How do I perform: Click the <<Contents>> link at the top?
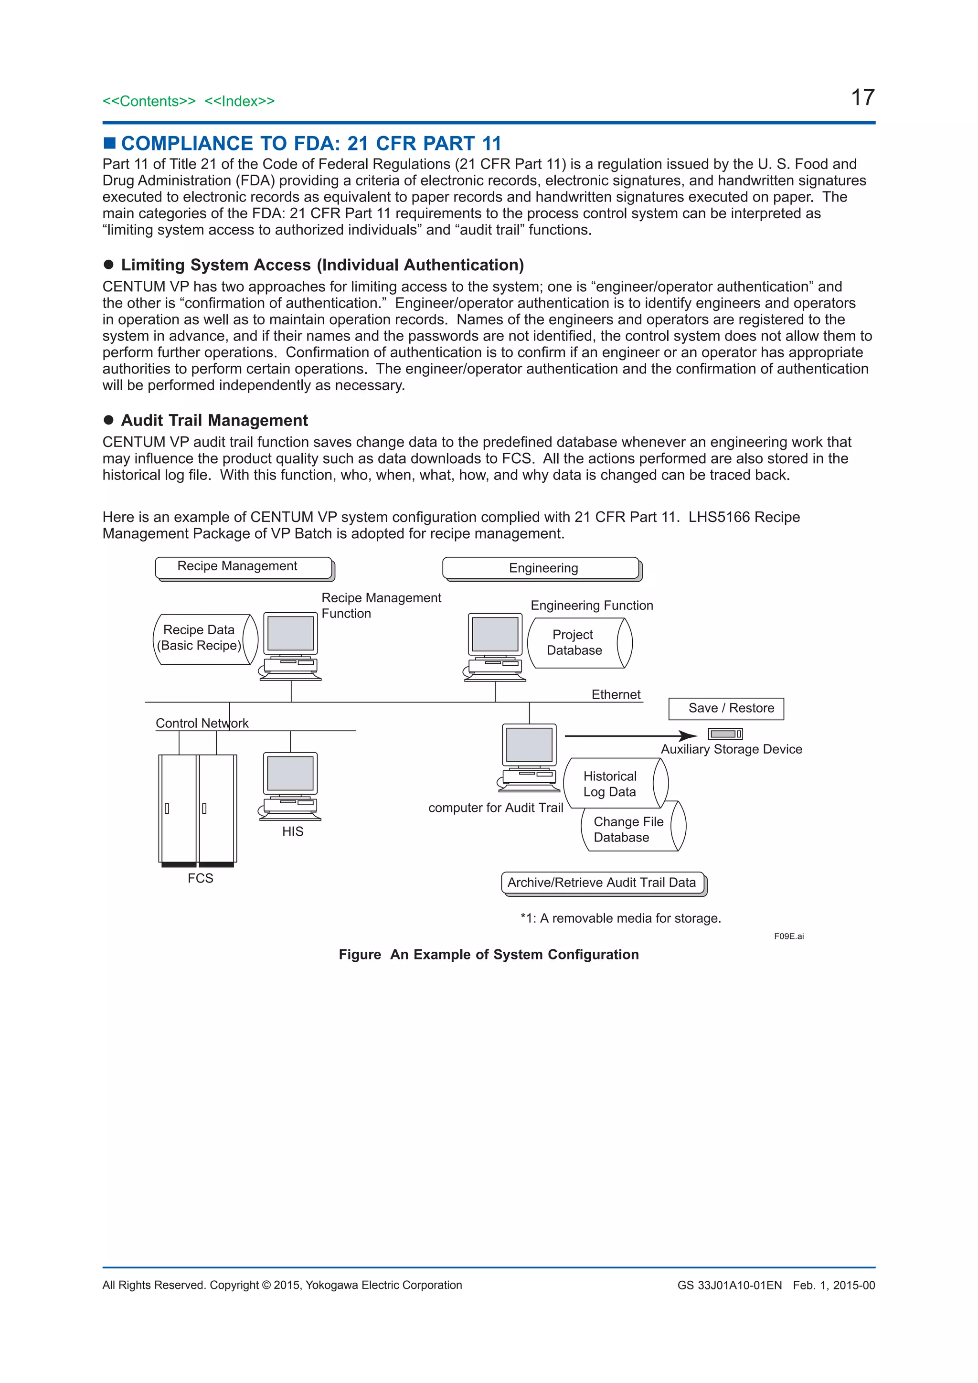pyautogui.click(x=149, y=101)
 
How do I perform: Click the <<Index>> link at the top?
pyautogui.click(x=239, y=101)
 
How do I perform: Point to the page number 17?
pyautogui.click(x=862, y=97)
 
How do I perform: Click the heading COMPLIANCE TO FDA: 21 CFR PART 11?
pyautogui.click(x=311, y=143)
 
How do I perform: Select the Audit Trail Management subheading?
pyautogui.click(x=214, y=420)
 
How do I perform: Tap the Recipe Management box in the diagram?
pyautogui.click(x=244, y=567)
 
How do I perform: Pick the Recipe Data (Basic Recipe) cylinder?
pyautogui.click(x=203, y=639)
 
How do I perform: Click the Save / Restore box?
pyautogui.click(x=726, y=708)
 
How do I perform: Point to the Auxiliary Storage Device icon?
pyautogui.click(x=725, y=734)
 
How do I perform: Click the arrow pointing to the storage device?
pyautogui.click(x=629, y=736)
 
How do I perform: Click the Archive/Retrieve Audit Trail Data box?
pyautogui.click(x=602, y=883)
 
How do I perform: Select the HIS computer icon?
pyautogui.click(x=290, y=786)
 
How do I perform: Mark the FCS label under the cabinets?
pyautogui.click(x=201, y=878)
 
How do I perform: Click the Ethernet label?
pyautogui.click(x=616, y=694)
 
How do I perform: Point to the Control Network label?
pyautogui.click(x=202, y=723)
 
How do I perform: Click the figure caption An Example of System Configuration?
pyautogui.click(x=489, y=955)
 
